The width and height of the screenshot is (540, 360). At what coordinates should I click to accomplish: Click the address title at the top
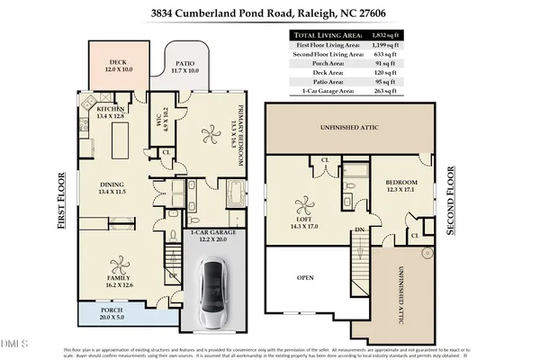pyautogui.click(x=270, y=13)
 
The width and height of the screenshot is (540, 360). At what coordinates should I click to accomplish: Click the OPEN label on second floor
pyautogui.click(x=305, y=278)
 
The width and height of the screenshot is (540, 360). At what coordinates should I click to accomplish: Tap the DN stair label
pyautogui.click(x=360, y=230)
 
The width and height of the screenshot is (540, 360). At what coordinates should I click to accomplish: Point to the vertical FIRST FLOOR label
pyautogui.click(x=62, y=202)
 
